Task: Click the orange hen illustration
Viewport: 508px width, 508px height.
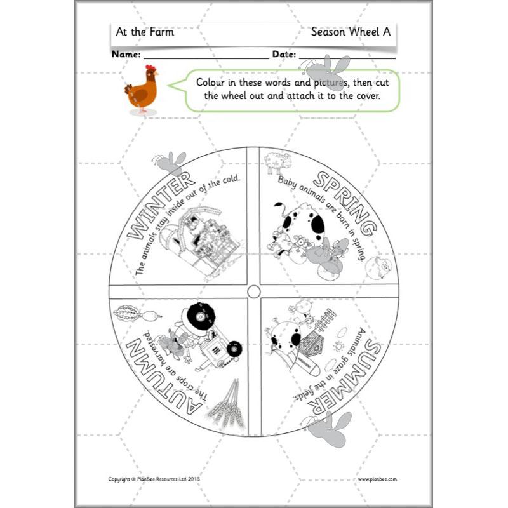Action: (141, 90)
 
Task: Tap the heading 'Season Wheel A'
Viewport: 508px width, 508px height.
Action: (350, 32)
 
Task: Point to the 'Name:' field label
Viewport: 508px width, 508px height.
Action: (126, 55)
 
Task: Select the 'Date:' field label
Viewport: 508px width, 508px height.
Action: (284, 55)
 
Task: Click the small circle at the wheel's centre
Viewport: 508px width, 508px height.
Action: (253, 291)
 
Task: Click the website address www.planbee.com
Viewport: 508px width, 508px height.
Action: (377, 479)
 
